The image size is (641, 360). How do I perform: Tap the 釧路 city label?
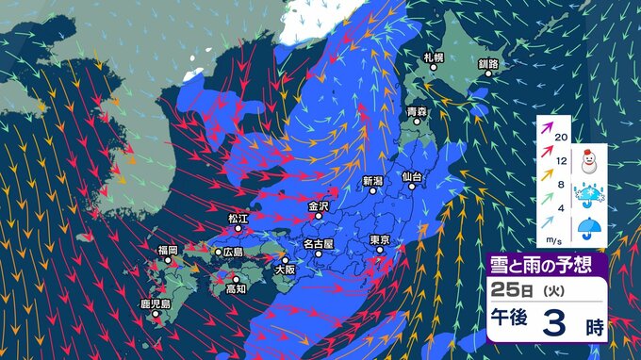click(487, 63)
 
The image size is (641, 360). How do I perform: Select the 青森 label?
click(417, 112)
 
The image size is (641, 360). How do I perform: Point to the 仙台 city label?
click(412, 176)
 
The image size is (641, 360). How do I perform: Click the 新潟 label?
click(372, 180)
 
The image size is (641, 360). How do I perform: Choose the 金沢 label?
click(318, 205)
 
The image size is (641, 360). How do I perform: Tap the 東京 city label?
click(380, 239)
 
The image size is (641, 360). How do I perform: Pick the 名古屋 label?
click(319, 243)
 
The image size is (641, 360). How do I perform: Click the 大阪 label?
click(284, 269)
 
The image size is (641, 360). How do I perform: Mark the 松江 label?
click(238, 218)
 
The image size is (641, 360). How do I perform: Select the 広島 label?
click(231, 253)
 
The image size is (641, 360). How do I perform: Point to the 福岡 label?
click(168, 250)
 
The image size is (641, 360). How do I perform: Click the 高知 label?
click(236, 288)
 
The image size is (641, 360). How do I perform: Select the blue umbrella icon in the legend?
click(591, 229)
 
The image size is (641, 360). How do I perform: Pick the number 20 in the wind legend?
click(562, 138)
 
